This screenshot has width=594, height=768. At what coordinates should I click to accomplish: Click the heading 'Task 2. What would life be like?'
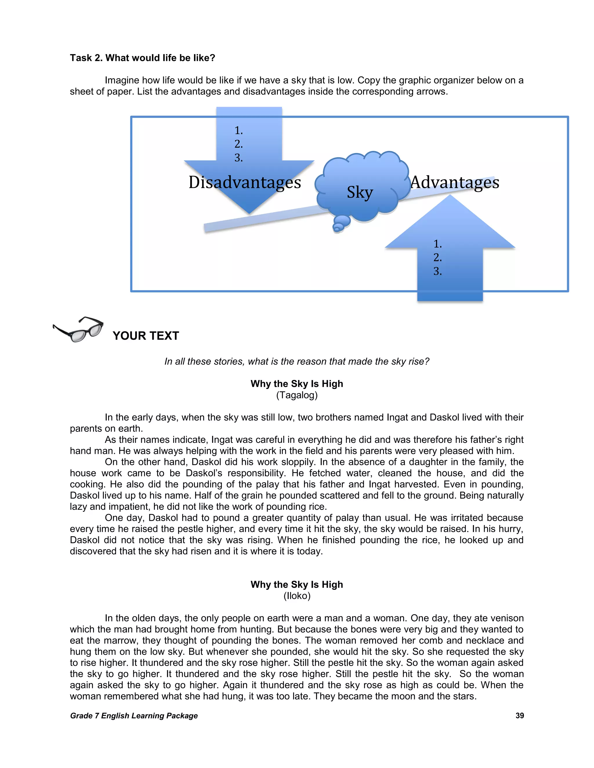tap(142, 58)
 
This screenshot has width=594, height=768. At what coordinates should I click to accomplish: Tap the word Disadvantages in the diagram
tap(245, 183)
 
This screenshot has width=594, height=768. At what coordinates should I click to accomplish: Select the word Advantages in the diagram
tap(455, 183)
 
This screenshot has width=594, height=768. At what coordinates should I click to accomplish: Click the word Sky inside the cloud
tap(359, 192)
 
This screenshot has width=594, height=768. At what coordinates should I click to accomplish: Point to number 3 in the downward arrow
tap(239, 158)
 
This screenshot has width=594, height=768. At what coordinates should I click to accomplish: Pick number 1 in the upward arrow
tap(437, 244)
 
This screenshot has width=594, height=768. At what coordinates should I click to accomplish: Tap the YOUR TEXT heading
tap(146, 336)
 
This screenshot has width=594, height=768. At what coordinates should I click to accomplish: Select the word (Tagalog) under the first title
tap(297, 395)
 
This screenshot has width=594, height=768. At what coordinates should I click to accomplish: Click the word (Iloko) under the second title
tap(297, 596)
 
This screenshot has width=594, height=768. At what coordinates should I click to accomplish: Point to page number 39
tap(519, 716)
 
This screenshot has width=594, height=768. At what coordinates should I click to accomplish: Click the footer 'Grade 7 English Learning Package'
tap(134, 716)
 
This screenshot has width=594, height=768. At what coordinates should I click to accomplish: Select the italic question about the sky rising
tap(297, 361)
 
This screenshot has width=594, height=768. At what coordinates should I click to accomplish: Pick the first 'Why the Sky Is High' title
tap(297, 384)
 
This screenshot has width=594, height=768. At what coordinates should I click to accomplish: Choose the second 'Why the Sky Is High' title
tap(297, 585)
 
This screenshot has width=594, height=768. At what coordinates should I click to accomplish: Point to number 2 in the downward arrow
tap(239, 144)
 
